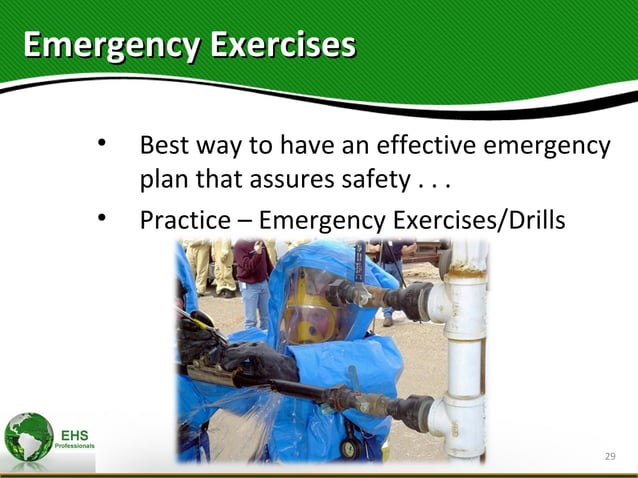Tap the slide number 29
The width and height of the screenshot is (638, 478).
[610, 457]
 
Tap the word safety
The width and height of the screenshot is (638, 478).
[373, 182]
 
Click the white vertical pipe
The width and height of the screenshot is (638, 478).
[466, 350]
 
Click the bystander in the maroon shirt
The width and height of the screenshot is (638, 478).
[252, 265]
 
